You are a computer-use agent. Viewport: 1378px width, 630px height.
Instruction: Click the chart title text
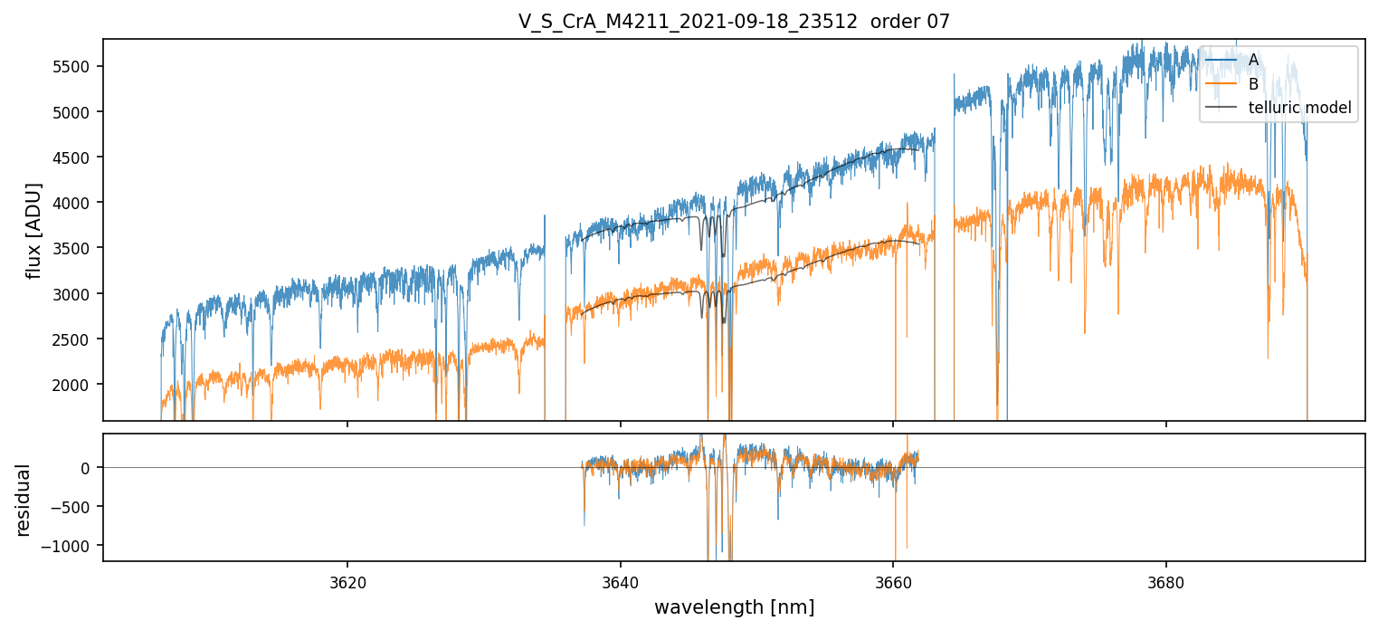[x=734, y=22]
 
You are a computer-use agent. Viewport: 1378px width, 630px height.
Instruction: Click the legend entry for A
[x=1253, y=60]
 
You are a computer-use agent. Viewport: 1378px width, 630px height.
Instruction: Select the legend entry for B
[x=1253, y=84]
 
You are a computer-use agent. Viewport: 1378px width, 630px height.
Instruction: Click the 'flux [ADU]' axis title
[x=34, y=230]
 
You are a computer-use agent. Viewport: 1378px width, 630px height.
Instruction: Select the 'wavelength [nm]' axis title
[x=734, y=607]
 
